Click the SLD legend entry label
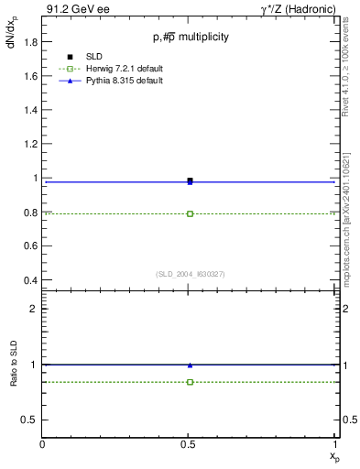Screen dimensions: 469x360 [x=95, y=57]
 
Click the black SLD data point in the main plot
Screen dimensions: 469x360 [x=190, y=180]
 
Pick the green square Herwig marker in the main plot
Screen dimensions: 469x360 [x=190, y=213]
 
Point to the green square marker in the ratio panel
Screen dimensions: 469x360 [x=190, y=382]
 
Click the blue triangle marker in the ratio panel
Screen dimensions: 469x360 [x=190, y=365]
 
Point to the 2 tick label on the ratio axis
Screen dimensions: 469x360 [x=34, y=309]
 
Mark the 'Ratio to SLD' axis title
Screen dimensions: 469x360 [x=14, y=365]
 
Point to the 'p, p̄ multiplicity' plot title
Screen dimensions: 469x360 [x=191, y=37]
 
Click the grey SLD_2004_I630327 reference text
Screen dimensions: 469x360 [x=190, y=274]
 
